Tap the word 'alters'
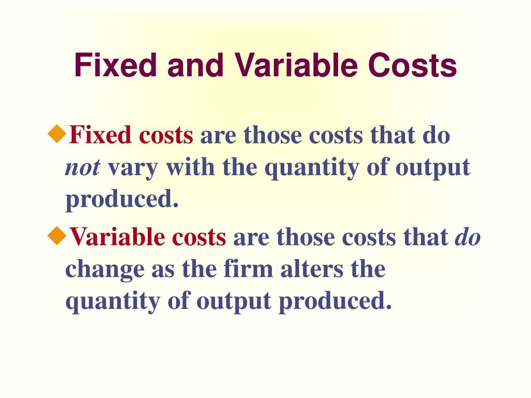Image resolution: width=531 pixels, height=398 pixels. pyautogui.click(x=311, y=269)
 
